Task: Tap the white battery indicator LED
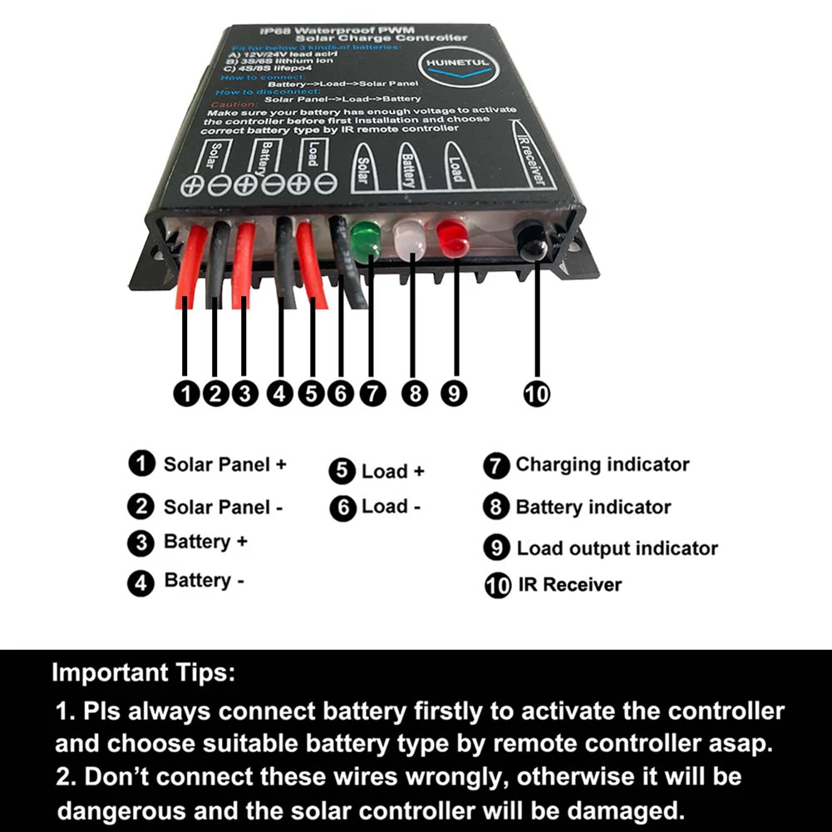tap(410, 241)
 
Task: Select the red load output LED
tap(454, 239)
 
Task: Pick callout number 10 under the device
tap(536, 394)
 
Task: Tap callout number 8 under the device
tap(413, 394)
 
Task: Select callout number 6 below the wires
tap(340, 394)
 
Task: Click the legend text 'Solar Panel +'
tap(224, 465)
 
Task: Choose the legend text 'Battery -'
tap(204, 581)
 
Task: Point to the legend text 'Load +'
tap(392, 472)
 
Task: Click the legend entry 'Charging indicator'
tap(602, 465)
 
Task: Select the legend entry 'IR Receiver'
tap(569, 585)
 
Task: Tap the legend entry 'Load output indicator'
tap(617, 549)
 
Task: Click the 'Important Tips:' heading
tap(143, 673)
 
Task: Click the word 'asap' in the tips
tap(744, 742)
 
